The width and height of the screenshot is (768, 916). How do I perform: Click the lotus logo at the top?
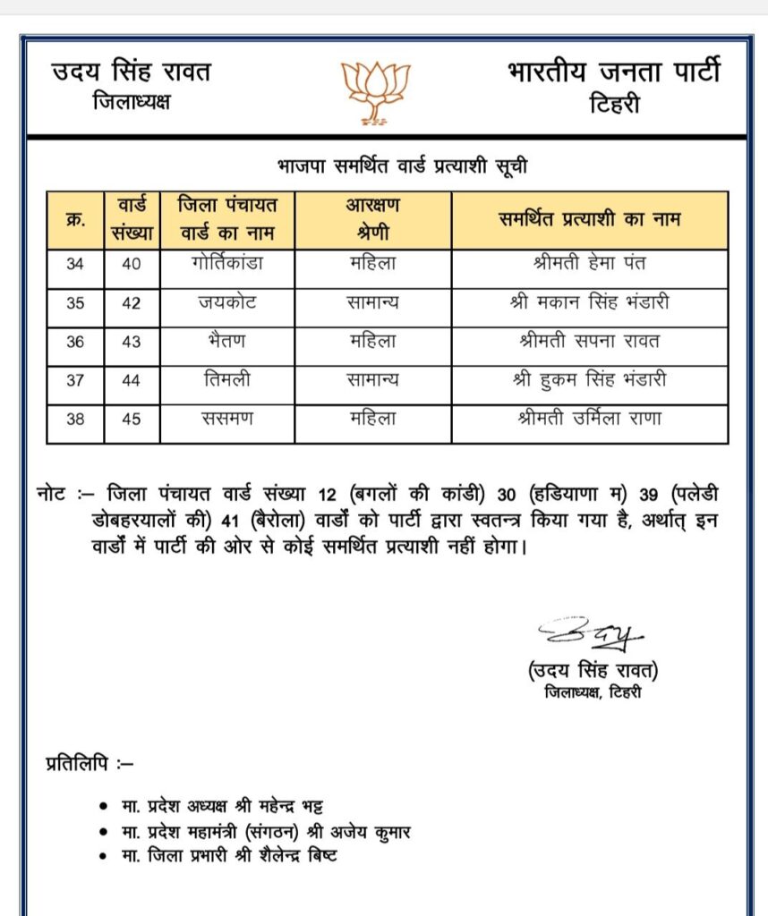(x=376, y=91)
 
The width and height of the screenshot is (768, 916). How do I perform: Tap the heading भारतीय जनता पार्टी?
(x=613, y=72)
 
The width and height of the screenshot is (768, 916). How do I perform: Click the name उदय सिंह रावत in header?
(x=132, y=72)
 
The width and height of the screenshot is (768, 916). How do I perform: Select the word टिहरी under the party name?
(x=614, y=105)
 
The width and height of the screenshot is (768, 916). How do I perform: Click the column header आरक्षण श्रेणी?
(x=372, y=219)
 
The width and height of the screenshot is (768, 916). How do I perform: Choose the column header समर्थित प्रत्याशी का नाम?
(x=589, y=219)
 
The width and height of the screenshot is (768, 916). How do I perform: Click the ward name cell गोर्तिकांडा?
(x=226, y=265)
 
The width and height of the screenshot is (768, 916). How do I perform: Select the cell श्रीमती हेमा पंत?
(x=589, y=265)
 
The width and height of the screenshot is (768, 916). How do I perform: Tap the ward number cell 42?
(x=132, y=303)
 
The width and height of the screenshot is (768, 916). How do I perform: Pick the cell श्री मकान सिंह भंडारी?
(x=589, y=303)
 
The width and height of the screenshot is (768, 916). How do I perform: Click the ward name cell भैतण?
(x=226, y=342)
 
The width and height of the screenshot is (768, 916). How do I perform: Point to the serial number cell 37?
(x=75, y=380)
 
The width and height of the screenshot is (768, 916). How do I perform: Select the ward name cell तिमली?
(x=226, y=380)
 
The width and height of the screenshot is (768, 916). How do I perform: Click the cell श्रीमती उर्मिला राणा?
(x=589, y=419)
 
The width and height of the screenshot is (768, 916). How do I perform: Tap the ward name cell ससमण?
(x=226, y=419)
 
